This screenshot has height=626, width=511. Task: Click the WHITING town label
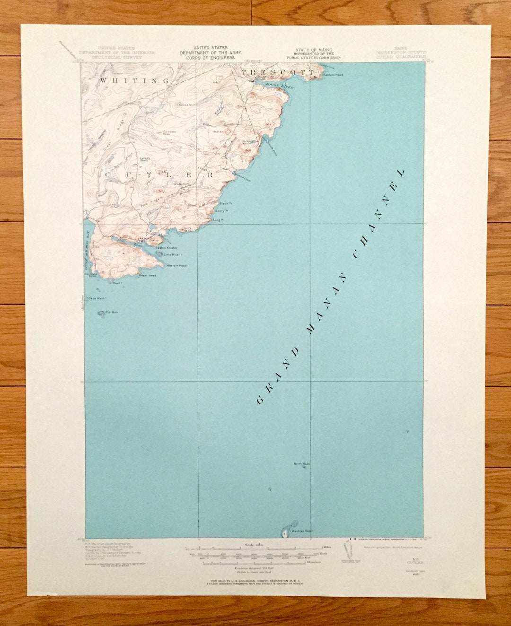pyautogui.click(x=134, y=81)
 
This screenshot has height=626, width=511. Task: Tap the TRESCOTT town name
pyautogui.click(x=278, y=72)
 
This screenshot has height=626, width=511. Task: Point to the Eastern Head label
pyautogui.click(x=333, y=75)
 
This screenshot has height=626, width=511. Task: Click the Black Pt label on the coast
pyautogui.click(x=224, y=204)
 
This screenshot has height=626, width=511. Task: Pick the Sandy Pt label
pyautogui.click(x=222, y=211)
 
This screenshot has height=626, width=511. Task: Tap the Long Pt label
pyautogui.click(x=218, y=220)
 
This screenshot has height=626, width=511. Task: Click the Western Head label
pyautogui.click(x=176, y=266)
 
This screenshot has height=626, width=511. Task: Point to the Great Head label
pyautogui.click(x=147, y=275)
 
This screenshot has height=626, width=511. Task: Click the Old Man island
pyautogui.click(x=102, y=313)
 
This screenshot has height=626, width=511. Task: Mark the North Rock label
pyautogui.click(x=301, y=464)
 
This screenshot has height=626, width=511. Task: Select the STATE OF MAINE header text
pyautogui.click(x=313, y=50)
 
